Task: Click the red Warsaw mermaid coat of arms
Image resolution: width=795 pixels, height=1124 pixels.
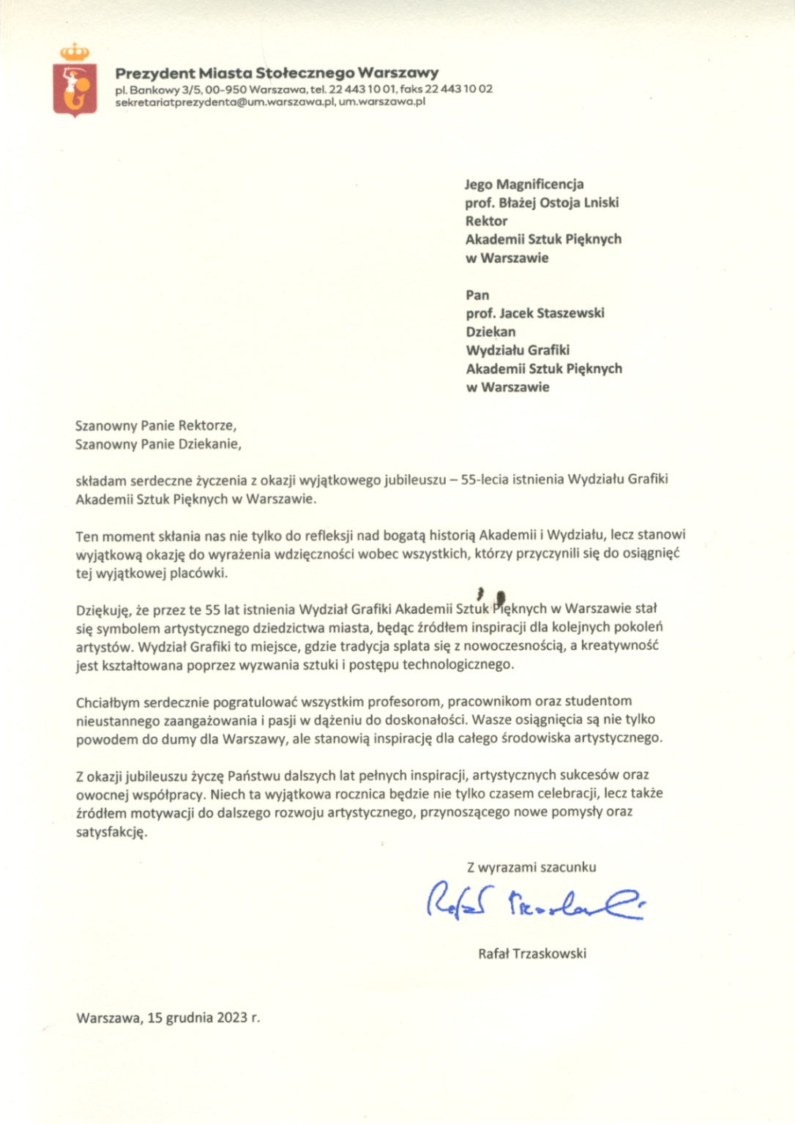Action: pyautogui.click(x=75, y=89)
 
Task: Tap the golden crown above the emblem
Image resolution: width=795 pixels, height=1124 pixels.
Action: pyautogui.click(x=75, y=52)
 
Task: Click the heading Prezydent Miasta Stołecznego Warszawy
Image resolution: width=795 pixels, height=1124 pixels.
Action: pyautogui.click(x=277, y=73)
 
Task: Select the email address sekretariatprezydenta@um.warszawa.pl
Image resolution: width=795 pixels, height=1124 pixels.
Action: pyautogui.click(x=225, y=102)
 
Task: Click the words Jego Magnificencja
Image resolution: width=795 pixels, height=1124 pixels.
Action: pyautogui.click(x=524, y=184)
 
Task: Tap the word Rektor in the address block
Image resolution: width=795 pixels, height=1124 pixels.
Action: pyautogui.click(x=486, y=221)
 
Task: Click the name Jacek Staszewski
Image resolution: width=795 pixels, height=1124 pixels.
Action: pyautogui.click(x=552, y=313)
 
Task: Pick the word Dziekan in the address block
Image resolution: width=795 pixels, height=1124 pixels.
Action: pyautogui.click(x=490, y=331)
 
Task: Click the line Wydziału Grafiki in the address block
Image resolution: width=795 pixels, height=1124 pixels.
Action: pyautogui.click(x=518, y=351)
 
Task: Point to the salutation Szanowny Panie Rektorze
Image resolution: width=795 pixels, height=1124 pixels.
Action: pyautogui.click(x=155, y=425)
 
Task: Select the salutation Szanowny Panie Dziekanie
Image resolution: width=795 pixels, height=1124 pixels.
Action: pyautogui.click(x=158, y=443)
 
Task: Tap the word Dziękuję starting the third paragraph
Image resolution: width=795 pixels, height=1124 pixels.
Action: pyautogui.click(x=103, y=610)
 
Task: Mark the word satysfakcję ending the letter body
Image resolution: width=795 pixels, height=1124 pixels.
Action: pyautogui.click(x=111, y=832)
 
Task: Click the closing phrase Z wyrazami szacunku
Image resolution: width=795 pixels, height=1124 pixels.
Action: pyautogui.click(x=531, y=868)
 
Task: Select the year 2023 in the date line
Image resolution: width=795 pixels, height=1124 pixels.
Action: pyautogui.click(x=231, y=1018)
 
